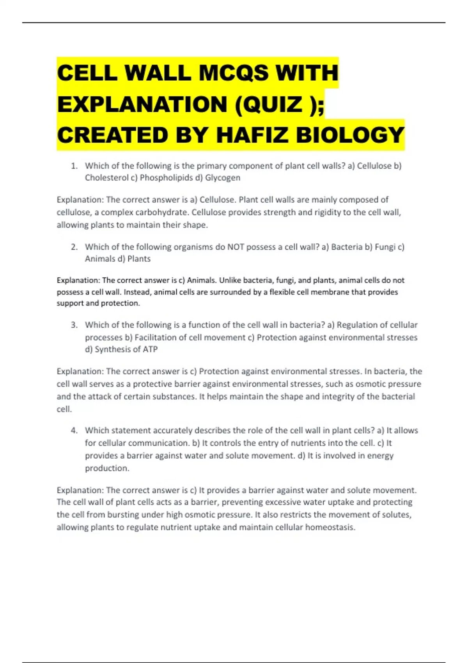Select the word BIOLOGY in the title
tap(350, 135)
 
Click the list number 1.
tap(74, 166)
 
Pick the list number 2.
tap(74, 247)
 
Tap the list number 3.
tap(74, 325)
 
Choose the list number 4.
tap(74, 431)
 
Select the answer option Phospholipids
tap(166, 178)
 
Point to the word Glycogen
tap(223, 178)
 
